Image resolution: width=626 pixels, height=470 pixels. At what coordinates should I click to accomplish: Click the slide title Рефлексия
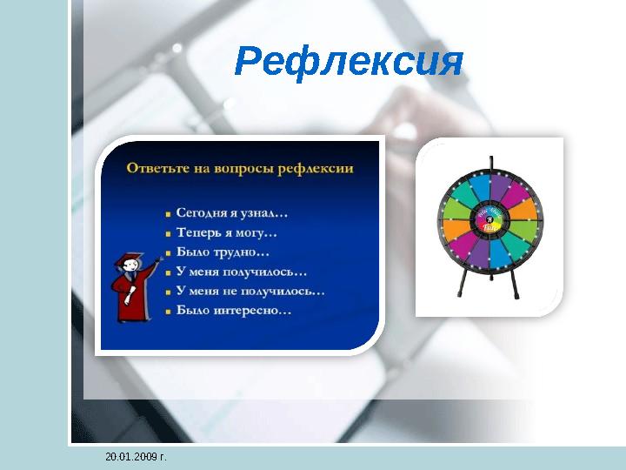pyautogui.click(x=349, y=62)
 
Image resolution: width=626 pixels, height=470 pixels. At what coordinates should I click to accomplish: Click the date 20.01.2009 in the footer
pyautogui.click(x=136, y=456)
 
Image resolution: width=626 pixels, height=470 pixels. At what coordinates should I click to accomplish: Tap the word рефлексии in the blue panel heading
pyautogui.click(x=315, y=169)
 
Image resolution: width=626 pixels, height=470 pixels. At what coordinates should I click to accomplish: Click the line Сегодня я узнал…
pyautogui.click(x=231, y=212)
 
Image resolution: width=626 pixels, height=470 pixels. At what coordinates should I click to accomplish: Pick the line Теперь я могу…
pyautogui.click(x=226, y=232)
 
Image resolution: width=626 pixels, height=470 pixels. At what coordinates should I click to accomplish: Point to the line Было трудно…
pyautogui.click(x=222, y=252)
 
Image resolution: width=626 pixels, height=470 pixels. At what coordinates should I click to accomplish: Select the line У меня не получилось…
pyautogui.click(x=250, y=291)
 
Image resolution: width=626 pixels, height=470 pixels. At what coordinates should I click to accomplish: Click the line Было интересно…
pyautogui.click(x=233, y=310)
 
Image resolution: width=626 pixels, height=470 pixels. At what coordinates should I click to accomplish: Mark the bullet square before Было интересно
pyautogui.click(x=167, y=311)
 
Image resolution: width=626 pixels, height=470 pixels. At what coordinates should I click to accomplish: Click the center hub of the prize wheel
pyautogui.click(x=489, y=219)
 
